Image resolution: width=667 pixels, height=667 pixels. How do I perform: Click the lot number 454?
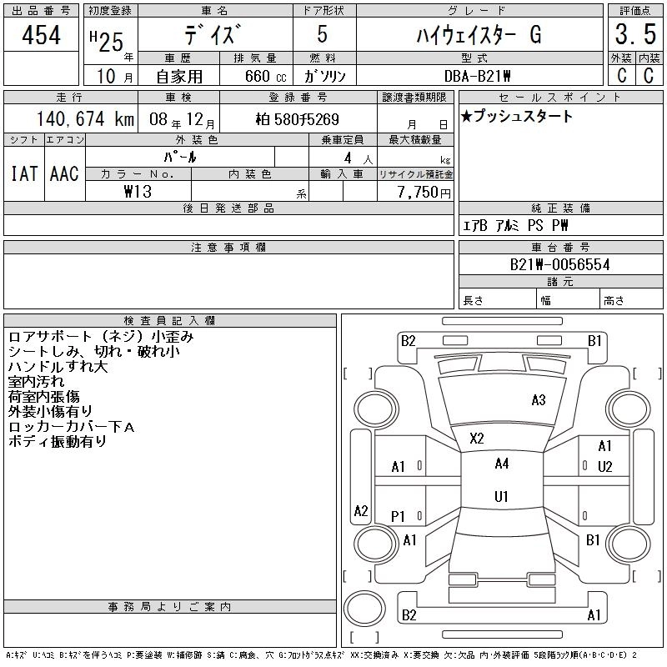pos(42,36)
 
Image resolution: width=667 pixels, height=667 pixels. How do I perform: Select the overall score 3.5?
pos(632,36)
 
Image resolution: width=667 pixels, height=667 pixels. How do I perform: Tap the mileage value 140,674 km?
pos(83,119)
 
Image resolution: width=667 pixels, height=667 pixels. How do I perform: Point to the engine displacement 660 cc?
pos(254,77)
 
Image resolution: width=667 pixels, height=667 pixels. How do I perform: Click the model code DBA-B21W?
pos(478,77)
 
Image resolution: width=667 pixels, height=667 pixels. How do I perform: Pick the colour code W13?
pos(138,191)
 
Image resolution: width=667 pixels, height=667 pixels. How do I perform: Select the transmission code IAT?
pos(23,173)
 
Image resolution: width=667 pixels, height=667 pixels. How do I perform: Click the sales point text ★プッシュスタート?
pos(517,117)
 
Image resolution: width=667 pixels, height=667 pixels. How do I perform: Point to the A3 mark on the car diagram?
pos(538,400)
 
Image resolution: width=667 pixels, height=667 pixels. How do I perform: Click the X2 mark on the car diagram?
pos(477,439)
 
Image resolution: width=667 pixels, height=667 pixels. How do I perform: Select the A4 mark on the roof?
pos(501,464)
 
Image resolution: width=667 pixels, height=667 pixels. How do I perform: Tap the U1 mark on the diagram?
pos(501,496)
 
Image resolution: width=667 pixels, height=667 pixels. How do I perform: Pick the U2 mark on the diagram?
pos(604,466)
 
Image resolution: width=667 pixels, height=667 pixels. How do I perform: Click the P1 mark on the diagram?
pos(398,517)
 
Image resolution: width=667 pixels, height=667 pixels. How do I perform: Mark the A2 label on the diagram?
pos(361,510)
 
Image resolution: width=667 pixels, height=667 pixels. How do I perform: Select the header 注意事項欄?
pos(228,247)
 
